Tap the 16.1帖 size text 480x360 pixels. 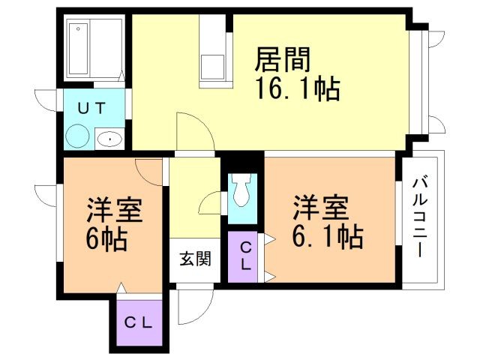pyautogui.click(x=298, y=90)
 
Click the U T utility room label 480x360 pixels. pyautogui.click(x=93, y=108)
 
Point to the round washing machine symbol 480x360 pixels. pyautogui.click(x=77, y=137)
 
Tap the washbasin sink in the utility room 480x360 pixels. pyautogui.click(x=109, y=138)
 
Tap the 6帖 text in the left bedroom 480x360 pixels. pyautogui.click(x=106, y=241)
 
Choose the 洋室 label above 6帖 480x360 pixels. pyautogui.click(x=114, y=208)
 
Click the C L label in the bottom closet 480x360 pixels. pyautogui.click(x=138, y=324)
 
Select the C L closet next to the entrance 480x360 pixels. pyautogui.click(x=245, y=256)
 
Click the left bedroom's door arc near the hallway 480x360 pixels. pyautogui.click(x=150, y=171)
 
